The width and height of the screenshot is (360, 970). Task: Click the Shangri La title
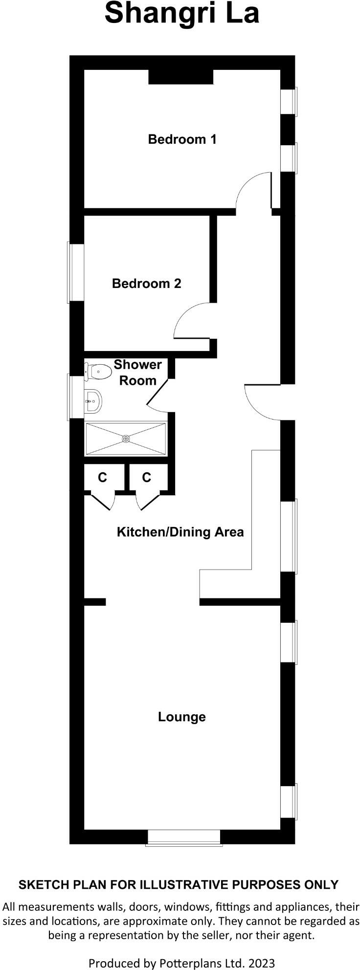coord(181,13)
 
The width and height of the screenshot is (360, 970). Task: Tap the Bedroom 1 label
coord(182,139)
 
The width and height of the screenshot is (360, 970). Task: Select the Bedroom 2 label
coord(146,284)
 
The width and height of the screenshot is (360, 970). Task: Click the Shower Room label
coord(137,373)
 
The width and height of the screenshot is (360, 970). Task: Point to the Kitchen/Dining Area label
coord(180,532)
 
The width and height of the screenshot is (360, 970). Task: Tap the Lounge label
coord(181,717)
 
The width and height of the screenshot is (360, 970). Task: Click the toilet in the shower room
coord(98,372)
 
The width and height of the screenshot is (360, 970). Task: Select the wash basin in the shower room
coord(92,401)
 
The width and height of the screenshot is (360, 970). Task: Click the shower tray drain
coord(126,439)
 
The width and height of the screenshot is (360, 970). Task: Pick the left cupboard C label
coord(102,478)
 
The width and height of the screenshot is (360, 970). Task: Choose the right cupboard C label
coord(147,478)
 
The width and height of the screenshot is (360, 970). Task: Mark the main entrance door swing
coord(262,402)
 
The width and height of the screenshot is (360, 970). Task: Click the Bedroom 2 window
coord(76,272)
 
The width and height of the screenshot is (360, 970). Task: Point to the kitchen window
coord(289,536)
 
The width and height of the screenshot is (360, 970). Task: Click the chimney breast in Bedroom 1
coord(181,77)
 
